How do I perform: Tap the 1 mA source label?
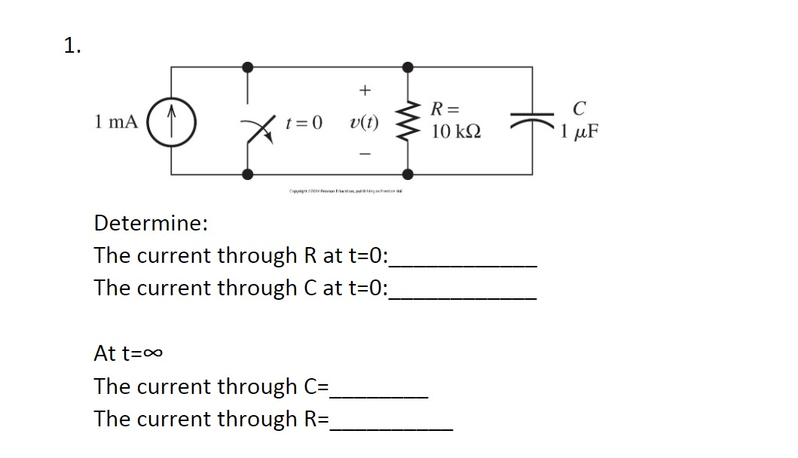click(x=117, y=121)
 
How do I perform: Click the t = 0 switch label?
click(x=304, y=122)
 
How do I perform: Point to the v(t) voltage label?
click(x=365, y=122)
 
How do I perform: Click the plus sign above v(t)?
click(x=365, y=90)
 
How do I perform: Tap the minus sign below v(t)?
click(x=365, y=153)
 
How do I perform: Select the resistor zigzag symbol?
click(x=409, y=121)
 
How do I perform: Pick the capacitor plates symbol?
click(x=534, y=121)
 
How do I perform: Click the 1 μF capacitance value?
click(x=580, y=134)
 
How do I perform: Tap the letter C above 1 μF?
click(x=578, y=109)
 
